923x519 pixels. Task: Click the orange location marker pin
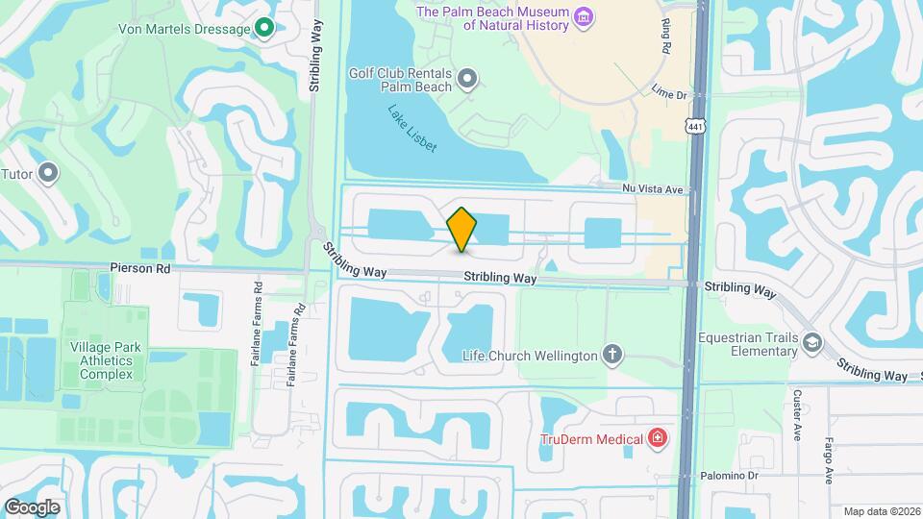tap(461, 229)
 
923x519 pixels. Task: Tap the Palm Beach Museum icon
tap(583, 16)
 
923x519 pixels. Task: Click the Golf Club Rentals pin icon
tap(467, 78)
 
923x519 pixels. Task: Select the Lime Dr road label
tap(670, 95)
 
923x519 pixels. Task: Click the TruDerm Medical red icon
tap(658, 439)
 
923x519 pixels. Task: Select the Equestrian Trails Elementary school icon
tap(812, 343)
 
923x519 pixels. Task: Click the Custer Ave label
tap(797, 414)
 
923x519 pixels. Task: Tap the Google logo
tap(32, 507)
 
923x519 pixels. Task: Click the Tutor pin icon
tap(48, 174)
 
